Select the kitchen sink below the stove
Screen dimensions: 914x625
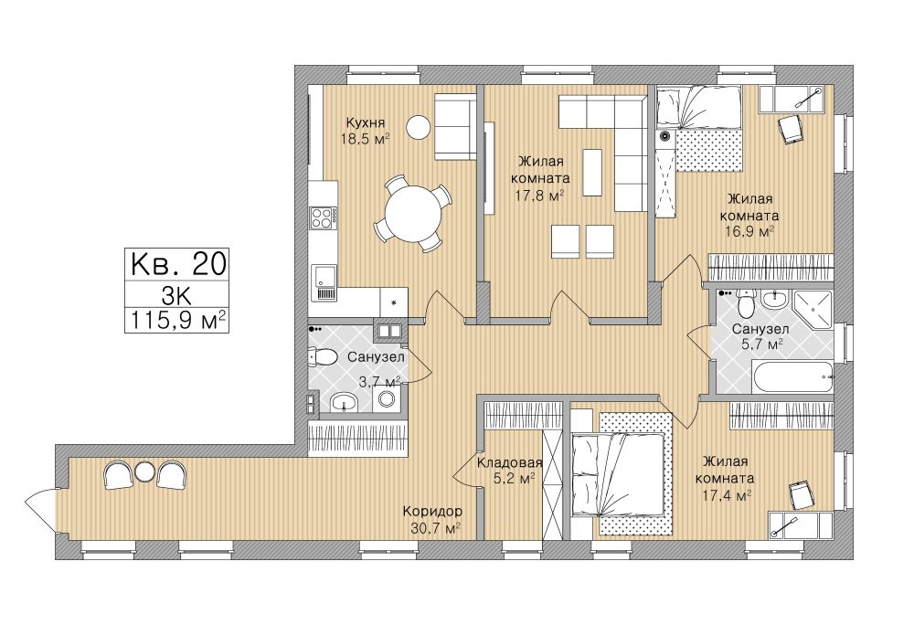pos(324,282)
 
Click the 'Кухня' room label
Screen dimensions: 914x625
pos(366,123)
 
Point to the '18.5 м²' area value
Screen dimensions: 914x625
pos(366,139)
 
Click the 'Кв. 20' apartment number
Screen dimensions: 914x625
pos(178,263)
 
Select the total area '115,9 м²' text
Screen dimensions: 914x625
pos(177,321)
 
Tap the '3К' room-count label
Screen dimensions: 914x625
pos(176,296)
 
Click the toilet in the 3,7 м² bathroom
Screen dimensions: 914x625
pos(322,355)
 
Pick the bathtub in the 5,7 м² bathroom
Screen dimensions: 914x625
pos(792,377)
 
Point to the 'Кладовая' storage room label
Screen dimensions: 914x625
pos(509,462)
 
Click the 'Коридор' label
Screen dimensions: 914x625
pos(433,512)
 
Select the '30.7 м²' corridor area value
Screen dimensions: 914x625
pos(433,528)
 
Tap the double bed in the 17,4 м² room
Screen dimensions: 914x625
pos(619,474)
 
